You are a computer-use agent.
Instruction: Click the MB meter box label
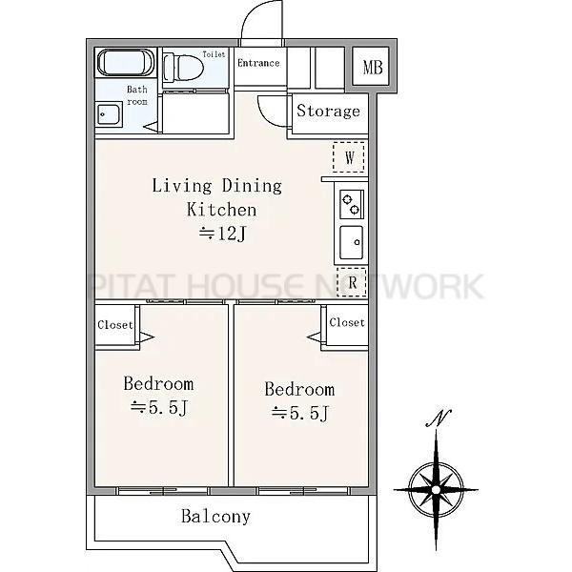(x=373, y=68)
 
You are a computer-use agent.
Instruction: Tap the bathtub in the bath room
(x=126, y=62)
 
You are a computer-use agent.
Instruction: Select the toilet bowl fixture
(x=183, y=68)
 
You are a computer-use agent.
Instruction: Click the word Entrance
(x=258, y=63)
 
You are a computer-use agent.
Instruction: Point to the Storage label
(x=328, y=111)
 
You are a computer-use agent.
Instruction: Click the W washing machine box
(x=349, y=157)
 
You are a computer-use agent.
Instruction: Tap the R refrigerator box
(x=352, y=282)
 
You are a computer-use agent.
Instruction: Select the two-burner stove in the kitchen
(x=352, y=204)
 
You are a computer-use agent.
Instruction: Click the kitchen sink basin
(x=352, y=242)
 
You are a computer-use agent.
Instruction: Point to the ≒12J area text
(x=223, y=234)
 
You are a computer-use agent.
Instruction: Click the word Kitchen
(x=221, y=210)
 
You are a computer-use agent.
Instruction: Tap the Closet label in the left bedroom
(x=115, y=325)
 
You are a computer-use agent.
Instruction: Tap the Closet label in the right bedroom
(x=347, y=322)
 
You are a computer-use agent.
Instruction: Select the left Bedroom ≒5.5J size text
(x=159, y=407)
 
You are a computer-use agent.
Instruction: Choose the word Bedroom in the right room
(x=299, y=389)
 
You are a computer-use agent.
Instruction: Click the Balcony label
(x=216, y=517)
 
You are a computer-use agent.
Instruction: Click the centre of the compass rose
(x=437, y=490)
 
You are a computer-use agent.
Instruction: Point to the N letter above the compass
(x=439, y=419)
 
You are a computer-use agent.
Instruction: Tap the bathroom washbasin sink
(x=109, y=114)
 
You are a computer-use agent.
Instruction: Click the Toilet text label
(x=214, y=54)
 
